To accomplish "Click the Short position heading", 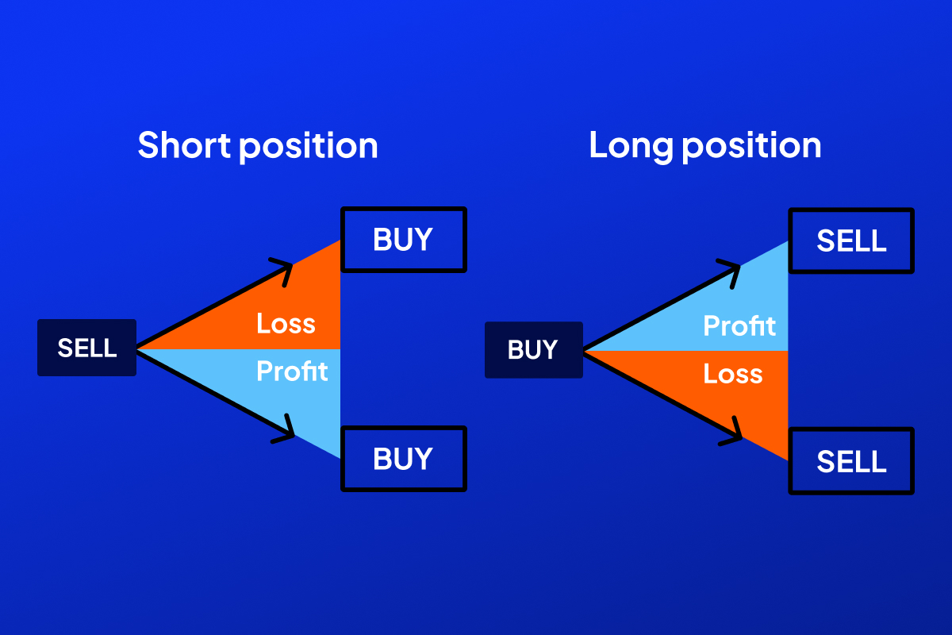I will [x=258, y=146].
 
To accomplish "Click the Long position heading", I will [x=704, y=146].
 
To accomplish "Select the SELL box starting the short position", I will [x=87, y=348].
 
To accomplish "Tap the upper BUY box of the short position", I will [x=403, y=240].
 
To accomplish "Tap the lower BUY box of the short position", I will [x=403, y=459].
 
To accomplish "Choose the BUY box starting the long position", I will [x=533, y=350].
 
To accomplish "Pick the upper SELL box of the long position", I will [x=851, y=241].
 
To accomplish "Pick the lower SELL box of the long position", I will [x=851, y=461].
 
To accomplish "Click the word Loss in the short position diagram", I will [x=286, y=324].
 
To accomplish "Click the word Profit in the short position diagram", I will [x=292, y=371].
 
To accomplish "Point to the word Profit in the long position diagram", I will [x=739, y=325].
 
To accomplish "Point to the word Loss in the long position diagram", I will [x=732, y=374].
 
